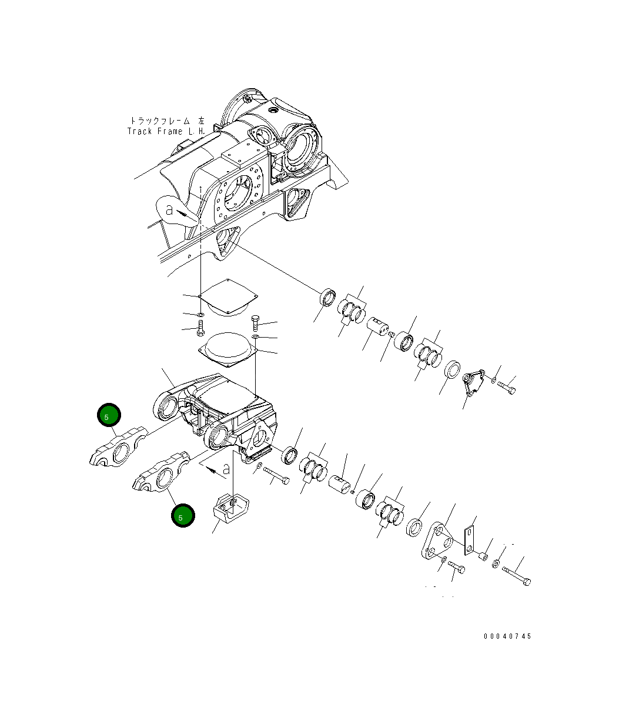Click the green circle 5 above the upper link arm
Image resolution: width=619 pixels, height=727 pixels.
pyautogui.click(x=109, y=416)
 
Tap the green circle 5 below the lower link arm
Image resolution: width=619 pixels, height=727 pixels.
pyautogui.click(x=182, y=516)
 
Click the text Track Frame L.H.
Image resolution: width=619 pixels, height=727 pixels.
pyautogui.click(x=166, y=131)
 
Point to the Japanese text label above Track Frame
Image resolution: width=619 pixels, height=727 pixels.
pyautogui.click(x=167, y=120)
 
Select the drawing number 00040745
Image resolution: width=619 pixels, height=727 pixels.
pyautogui.click(x=507, y=636)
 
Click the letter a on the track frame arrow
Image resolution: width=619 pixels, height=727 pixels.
pyautogui.click(x=169, y=209)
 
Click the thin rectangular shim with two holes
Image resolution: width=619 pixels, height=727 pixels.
pyautogui.click(x=470, y=540)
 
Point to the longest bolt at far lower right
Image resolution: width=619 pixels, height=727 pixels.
pyautogui.click(x=517, y=575)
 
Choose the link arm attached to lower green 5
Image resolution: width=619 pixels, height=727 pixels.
pyautogui.click(x=162, y=475)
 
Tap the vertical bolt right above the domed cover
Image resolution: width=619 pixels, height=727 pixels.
pyautogui.click(x=255, y=322)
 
